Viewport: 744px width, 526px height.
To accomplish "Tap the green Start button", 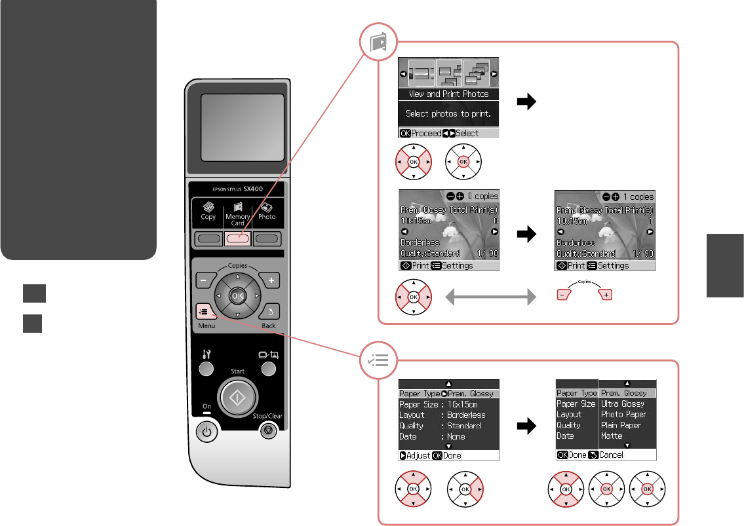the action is pos(237,397).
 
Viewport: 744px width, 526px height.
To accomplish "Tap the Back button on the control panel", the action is pos(269,312).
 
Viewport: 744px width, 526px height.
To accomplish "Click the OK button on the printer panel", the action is pos(237,296).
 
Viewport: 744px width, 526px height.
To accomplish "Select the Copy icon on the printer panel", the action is pos(208,210).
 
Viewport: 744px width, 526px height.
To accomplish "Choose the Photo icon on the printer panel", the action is pos(267,210).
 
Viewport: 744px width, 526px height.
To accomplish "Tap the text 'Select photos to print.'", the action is pos(449,113).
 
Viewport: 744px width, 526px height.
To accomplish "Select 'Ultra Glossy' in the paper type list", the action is pos(623,404).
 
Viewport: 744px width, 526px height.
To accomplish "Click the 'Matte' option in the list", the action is pos(612,436).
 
